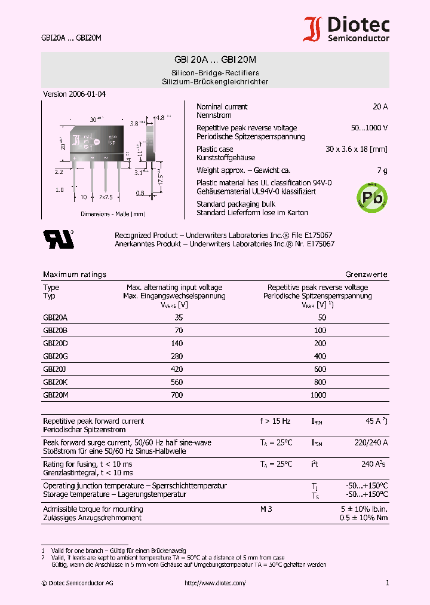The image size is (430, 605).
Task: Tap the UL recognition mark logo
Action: (59, 239)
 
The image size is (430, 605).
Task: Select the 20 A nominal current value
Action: (380, 106)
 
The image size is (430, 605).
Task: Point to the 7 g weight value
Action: (382, 170)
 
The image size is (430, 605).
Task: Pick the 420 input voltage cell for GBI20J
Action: (177, 369)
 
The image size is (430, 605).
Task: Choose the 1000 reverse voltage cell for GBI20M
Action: (318, 395)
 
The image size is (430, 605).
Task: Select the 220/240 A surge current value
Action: (371, 442)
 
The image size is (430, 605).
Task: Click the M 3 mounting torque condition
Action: (266, 509)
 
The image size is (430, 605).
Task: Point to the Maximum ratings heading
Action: (75, 274)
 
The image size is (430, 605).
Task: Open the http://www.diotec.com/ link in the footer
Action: (215, 583)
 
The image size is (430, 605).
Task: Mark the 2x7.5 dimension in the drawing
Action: (107, 197)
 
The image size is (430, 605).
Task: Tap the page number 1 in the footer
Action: (387, 583)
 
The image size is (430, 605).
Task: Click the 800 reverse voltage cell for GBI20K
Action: (320, 382)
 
